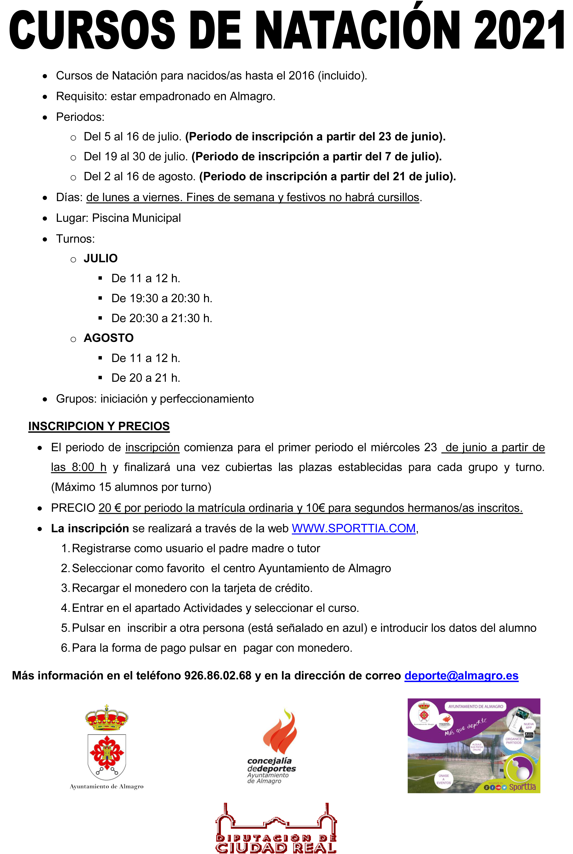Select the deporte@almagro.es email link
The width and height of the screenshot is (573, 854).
(x=461, y=676)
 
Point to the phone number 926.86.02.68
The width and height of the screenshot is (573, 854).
(x=218, y=676)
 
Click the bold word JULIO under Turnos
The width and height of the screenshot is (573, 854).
(x=101, y=259)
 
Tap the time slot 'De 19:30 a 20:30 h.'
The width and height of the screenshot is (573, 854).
(x=161, y=298)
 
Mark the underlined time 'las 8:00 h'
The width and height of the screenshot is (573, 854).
(x=79, y=467)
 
